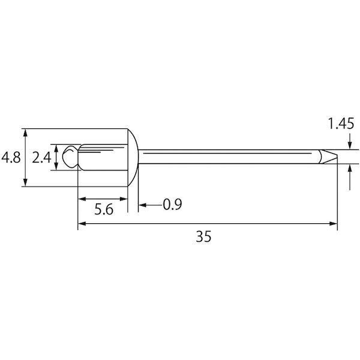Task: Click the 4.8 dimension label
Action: [11, 157]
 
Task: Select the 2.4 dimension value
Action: [41, 157]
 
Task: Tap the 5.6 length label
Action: [104, 209]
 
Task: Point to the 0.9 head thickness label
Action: [172, 204]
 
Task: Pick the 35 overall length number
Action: [203, 236]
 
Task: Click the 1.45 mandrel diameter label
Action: [341, 124]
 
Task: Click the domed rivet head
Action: [133, 157]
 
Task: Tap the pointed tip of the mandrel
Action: [337, 157]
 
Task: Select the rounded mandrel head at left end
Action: [70, 157]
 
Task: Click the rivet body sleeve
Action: [103, 157]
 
